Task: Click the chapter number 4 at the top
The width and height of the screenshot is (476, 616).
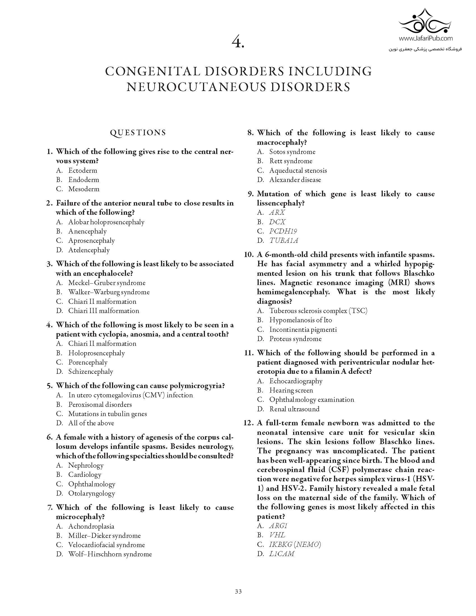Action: pyautogui.click(x=238, y=43)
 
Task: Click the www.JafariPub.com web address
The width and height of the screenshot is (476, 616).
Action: pyautogui.click(x=426, y=38)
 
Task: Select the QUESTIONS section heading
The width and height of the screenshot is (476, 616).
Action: pyautogui.click(x=138, y=132)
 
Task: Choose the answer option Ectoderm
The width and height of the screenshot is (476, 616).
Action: pyautogui.click(x=83, y=170)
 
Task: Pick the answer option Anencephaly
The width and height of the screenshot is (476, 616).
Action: pyautogui.click(x=87, y=231)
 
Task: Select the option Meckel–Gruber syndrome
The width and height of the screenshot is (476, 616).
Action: pyautogui.click(x=107, y=283)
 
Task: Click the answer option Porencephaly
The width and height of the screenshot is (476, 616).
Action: pyautogui.click(x=88, y=362)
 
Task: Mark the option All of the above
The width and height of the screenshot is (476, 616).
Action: pyautogui.click(x=91, y=423)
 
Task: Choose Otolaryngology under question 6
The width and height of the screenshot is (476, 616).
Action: pyautogui.click(x=92, y=493)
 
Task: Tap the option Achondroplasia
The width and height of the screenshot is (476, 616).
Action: pyautogui.click(x=91, y=526)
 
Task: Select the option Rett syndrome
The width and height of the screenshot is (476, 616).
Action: pyautogui.click(x=291, y=161)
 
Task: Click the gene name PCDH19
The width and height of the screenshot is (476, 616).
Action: pyautogui.click(x=283, y=231)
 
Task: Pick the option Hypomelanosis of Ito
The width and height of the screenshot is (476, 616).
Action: pyautogui.click(x=301, y=320)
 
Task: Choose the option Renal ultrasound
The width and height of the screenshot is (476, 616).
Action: pyautogui.click(x=294, y=409)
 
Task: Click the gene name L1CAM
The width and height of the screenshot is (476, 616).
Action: pyautogui.click(x=282, y=553)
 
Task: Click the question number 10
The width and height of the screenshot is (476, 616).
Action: pyautogui.click(x=249, y=255)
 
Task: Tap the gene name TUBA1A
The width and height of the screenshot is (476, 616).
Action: pyautogui.click(x=284, y=240)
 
